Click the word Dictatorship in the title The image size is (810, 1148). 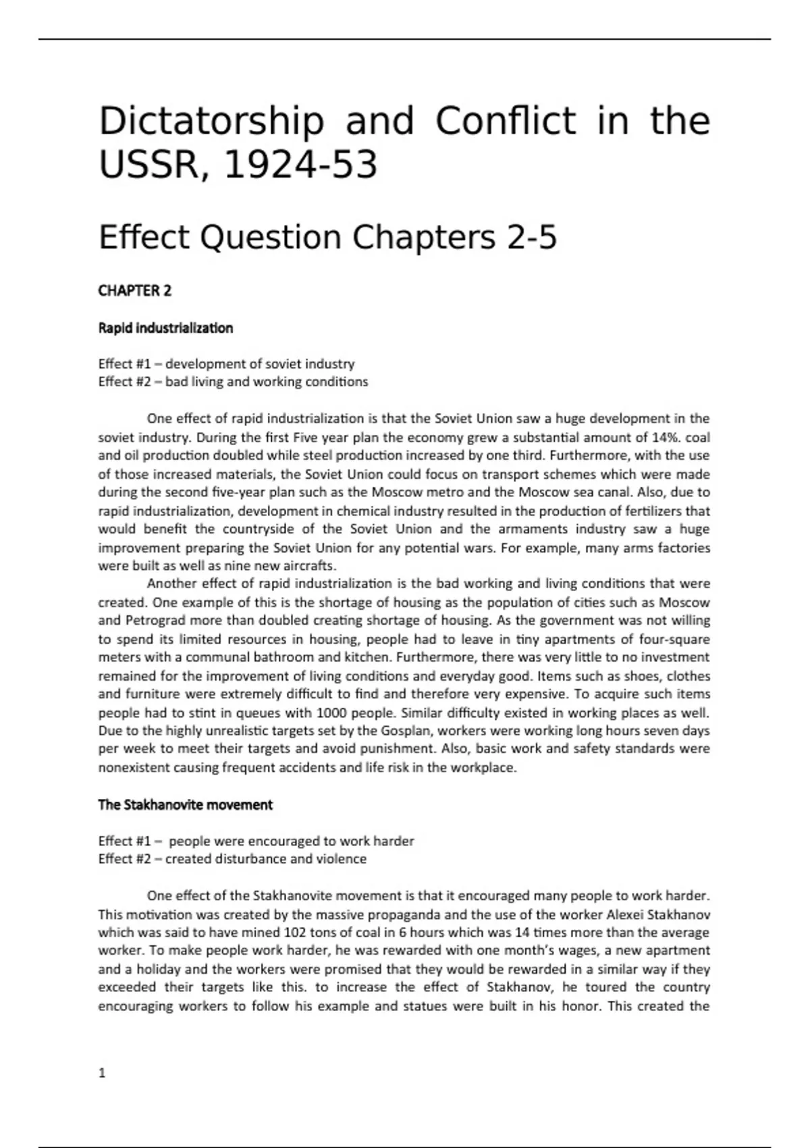[211, 122]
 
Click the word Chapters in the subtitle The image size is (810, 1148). [423, 238]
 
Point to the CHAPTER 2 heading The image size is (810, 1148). [135, 291]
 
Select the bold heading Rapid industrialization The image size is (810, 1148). [165, 328]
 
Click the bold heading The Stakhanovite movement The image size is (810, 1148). [185, 805]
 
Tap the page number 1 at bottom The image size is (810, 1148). [102, 1073]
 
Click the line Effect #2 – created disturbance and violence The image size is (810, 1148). [232, 859]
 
